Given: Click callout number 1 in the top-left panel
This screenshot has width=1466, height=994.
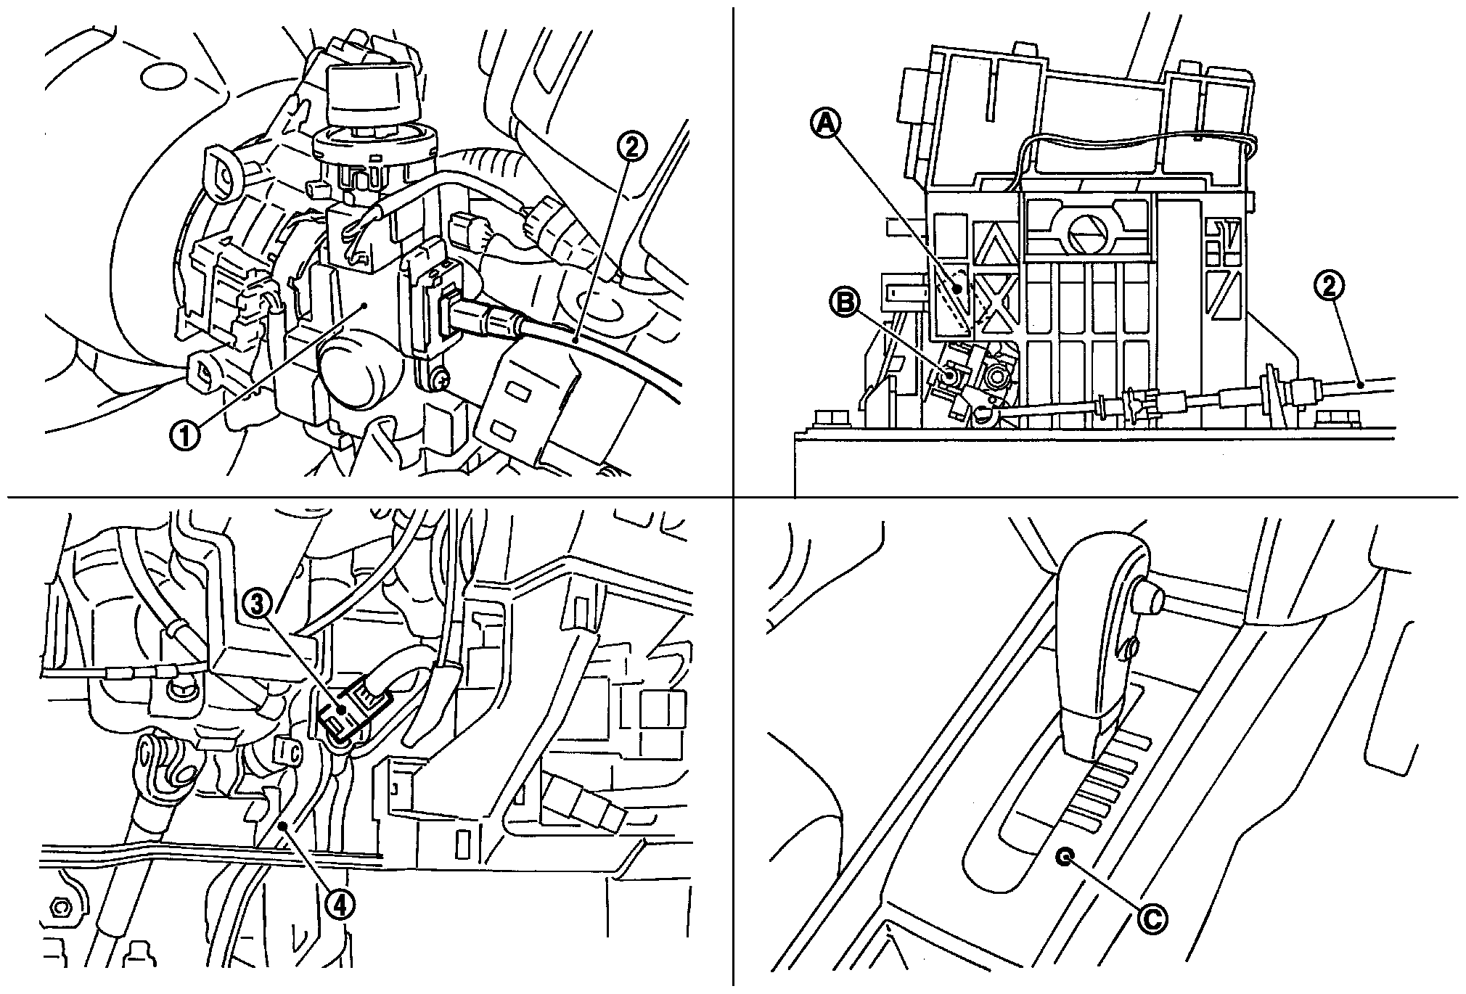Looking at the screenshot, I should click(185, 437).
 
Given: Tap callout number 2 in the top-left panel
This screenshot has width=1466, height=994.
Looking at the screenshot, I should click(631, 148).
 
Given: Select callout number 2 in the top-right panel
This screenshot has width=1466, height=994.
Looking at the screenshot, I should click(1330, 287).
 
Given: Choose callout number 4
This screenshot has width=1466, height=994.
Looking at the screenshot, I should click(340, 904).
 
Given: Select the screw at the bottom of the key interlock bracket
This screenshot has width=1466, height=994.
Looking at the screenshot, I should click(438, 378).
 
